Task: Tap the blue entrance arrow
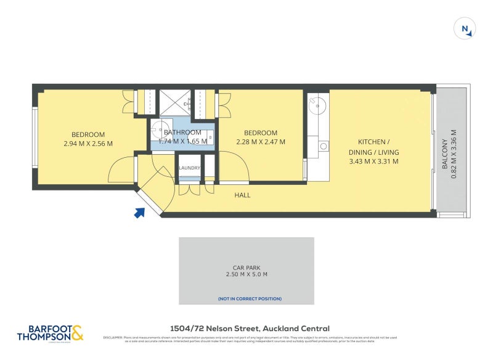point(139,213)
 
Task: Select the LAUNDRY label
point(189,168)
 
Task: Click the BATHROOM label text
point(182,133)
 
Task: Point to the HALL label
point(242,195)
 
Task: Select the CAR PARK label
point(246,268)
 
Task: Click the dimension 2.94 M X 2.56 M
point(88,143)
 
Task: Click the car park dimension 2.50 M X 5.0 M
point(246,275)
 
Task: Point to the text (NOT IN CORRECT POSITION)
point(250,299)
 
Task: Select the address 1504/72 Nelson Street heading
point(250,329)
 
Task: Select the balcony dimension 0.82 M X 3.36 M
point(454,154)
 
